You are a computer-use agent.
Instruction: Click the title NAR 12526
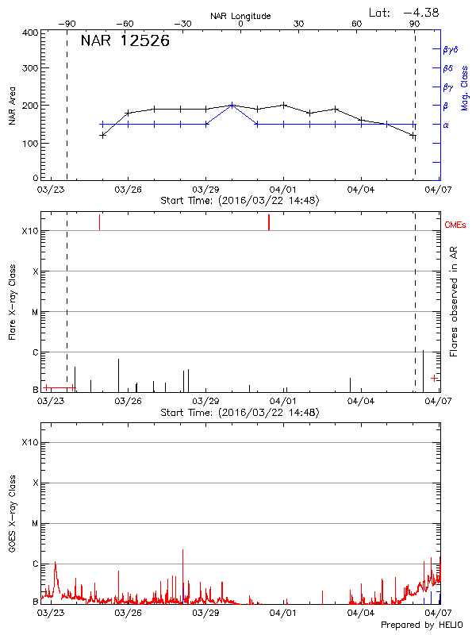coord(125,41)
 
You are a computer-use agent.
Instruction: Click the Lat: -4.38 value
coord(405,12)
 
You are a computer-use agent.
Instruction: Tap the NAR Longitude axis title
coord(240,16)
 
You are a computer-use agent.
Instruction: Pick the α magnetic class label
coord(446,125)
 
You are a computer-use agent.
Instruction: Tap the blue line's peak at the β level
coord(232,105)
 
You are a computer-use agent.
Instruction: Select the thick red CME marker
coord(269,222)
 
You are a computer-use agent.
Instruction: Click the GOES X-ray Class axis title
coord(12,517)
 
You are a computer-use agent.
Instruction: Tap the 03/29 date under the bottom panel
coord(205,613)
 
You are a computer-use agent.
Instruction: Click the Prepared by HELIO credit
coord(423,625)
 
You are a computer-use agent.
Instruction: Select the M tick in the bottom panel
coord(35,524)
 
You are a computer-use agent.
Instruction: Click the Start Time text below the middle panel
coord(240,413)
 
